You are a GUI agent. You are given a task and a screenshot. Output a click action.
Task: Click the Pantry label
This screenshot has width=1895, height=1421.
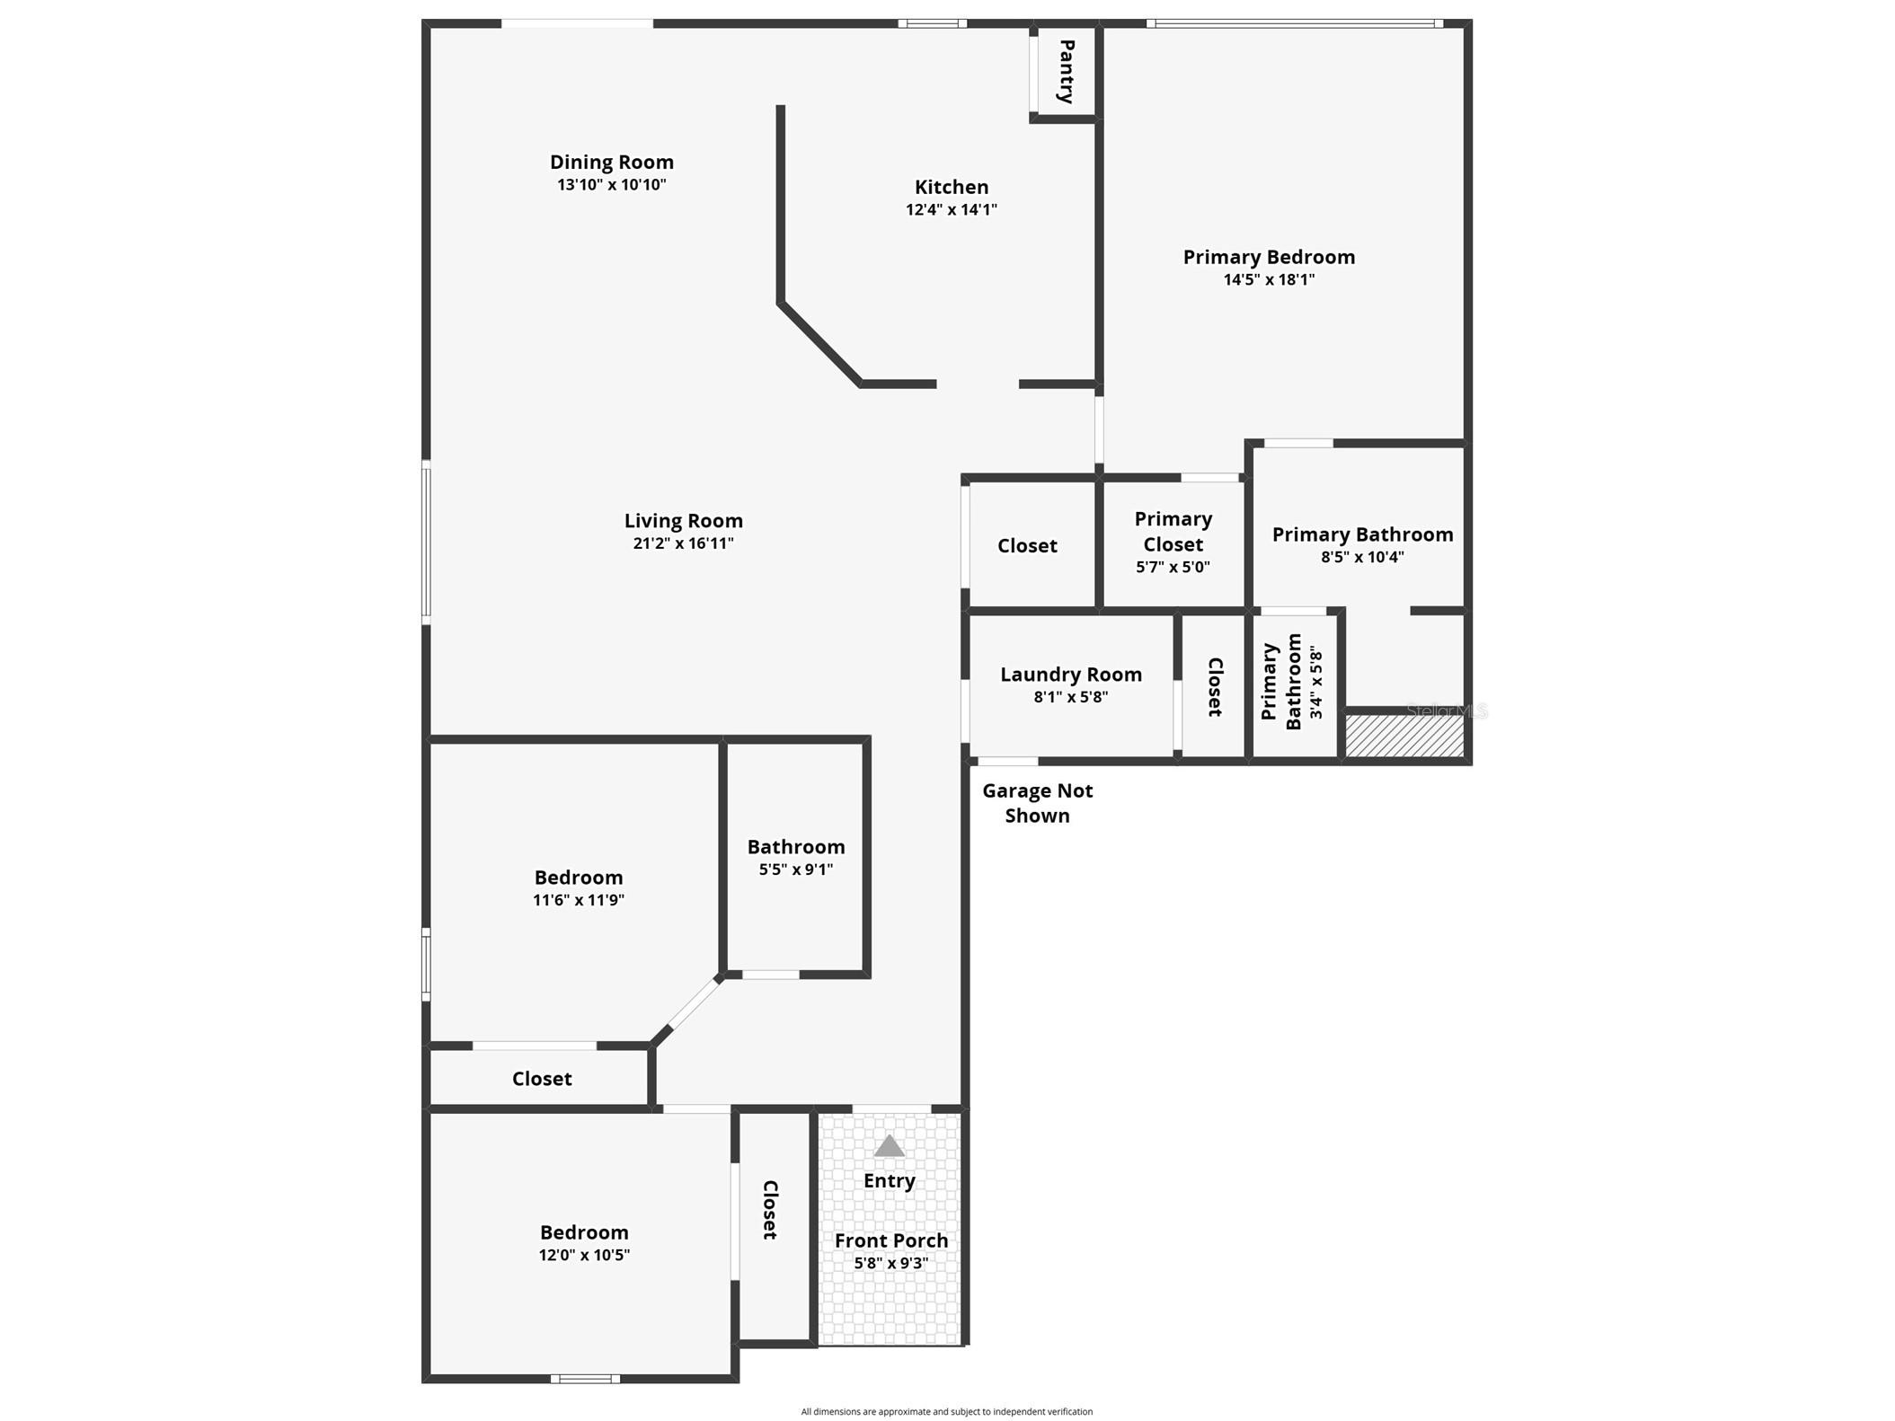(1067, 71)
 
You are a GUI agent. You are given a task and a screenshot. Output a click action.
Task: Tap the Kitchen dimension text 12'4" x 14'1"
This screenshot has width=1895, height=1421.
(951, 209)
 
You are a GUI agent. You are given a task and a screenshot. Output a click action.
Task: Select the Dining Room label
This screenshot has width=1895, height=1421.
(611, 162)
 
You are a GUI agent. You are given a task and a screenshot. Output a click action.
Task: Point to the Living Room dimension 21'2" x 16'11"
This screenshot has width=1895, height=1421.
(683, 543)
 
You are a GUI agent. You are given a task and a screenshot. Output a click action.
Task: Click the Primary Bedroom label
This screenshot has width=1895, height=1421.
(1268, 257)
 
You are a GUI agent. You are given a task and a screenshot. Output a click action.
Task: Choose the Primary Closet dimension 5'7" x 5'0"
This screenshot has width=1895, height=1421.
(1173, 567)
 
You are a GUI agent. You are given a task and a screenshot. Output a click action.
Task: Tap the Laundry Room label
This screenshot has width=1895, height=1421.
(1070, 674)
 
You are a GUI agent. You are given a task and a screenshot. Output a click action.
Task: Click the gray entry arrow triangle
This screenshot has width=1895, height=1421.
(889, 1145)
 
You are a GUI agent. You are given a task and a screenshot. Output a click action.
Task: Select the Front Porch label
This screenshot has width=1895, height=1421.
(890, 1240)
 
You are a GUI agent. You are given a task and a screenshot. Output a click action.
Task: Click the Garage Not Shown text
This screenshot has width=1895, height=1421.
(1037, 803)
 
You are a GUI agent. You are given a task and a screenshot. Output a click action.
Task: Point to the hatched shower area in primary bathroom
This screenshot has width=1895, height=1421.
(1404, 735)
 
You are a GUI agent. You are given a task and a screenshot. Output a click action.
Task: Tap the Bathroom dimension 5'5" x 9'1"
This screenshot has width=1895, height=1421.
(795, 869)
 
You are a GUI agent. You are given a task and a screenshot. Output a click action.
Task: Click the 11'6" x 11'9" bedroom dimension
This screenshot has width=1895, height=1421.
(578, 899)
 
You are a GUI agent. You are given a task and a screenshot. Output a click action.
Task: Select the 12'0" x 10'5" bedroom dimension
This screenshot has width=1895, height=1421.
(584, 1255)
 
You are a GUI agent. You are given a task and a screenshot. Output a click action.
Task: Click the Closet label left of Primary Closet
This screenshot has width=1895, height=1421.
(1026, 545)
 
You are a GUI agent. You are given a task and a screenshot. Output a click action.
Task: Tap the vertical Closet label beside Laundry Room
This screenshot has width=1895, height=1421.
(1214, 687)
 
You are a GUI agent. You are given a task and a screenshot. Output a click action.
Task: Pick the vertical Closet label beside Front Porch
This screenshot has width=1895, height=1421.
(770, 1210)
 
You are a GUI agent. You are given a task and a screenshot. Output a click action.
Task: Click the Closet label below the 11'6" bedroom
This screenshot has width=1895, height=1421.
(541, 1078)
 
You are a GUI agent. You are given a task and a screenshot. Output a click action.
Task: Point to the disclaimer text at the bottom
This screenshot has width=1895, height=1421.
(946, 1411)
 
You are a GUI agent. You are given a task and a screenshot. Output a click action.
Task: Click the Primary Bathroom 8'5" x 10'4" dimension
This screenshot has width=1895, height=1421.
(1361, 557)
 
